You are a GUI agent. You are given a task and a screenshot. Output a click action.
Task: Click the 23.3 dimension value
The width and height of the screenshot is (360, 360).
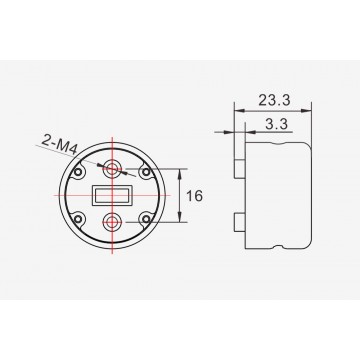point(274,100)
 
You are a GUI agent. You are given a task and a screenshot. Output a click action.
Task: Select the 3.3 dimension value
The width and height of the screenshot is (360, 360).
point(276,124)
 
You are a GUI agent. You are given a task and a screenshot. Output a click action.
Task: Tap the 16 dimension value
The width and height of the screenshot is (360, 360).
point(194,196)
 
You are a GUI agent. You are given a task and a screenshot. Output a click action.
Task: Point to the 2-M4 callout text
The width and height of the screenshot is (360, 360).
point(59,146)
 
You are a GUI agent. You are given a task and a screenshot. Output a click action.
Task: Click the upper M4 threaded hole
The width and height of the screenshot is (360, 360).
point(112,169)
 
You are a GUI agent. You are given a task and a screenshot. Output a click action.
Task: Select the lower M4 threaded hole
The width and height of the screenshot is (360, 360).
point(112,222)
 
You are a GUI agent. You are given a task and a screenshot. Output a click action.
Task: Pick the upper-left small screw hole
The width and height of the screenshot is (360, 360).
point(78,172)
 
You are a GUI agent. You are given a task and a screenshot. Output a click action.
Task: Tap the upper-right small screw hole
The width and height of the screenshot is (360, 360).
point(146,172)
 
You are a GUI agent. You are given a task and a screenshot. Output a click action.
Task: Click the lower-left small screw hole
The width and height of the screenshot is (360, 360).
point(78,219)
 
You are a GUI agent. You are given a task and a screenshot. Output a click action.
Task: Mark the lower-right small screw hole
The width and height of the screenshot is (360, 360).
point(146,219)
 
